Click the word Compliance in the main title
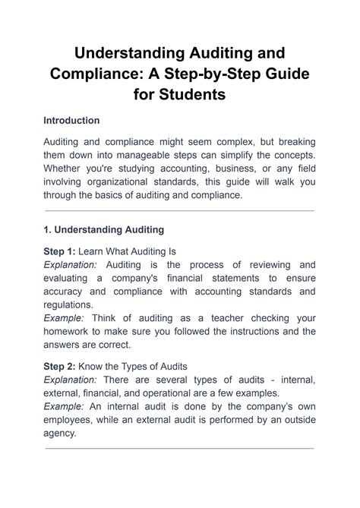click(96, 74)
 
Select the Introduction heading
click(71, 121)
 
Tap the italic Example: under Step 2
click(65, 407)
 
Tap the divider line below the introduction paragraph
click(179, 210)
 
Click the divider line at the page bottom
click(179, 448)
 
